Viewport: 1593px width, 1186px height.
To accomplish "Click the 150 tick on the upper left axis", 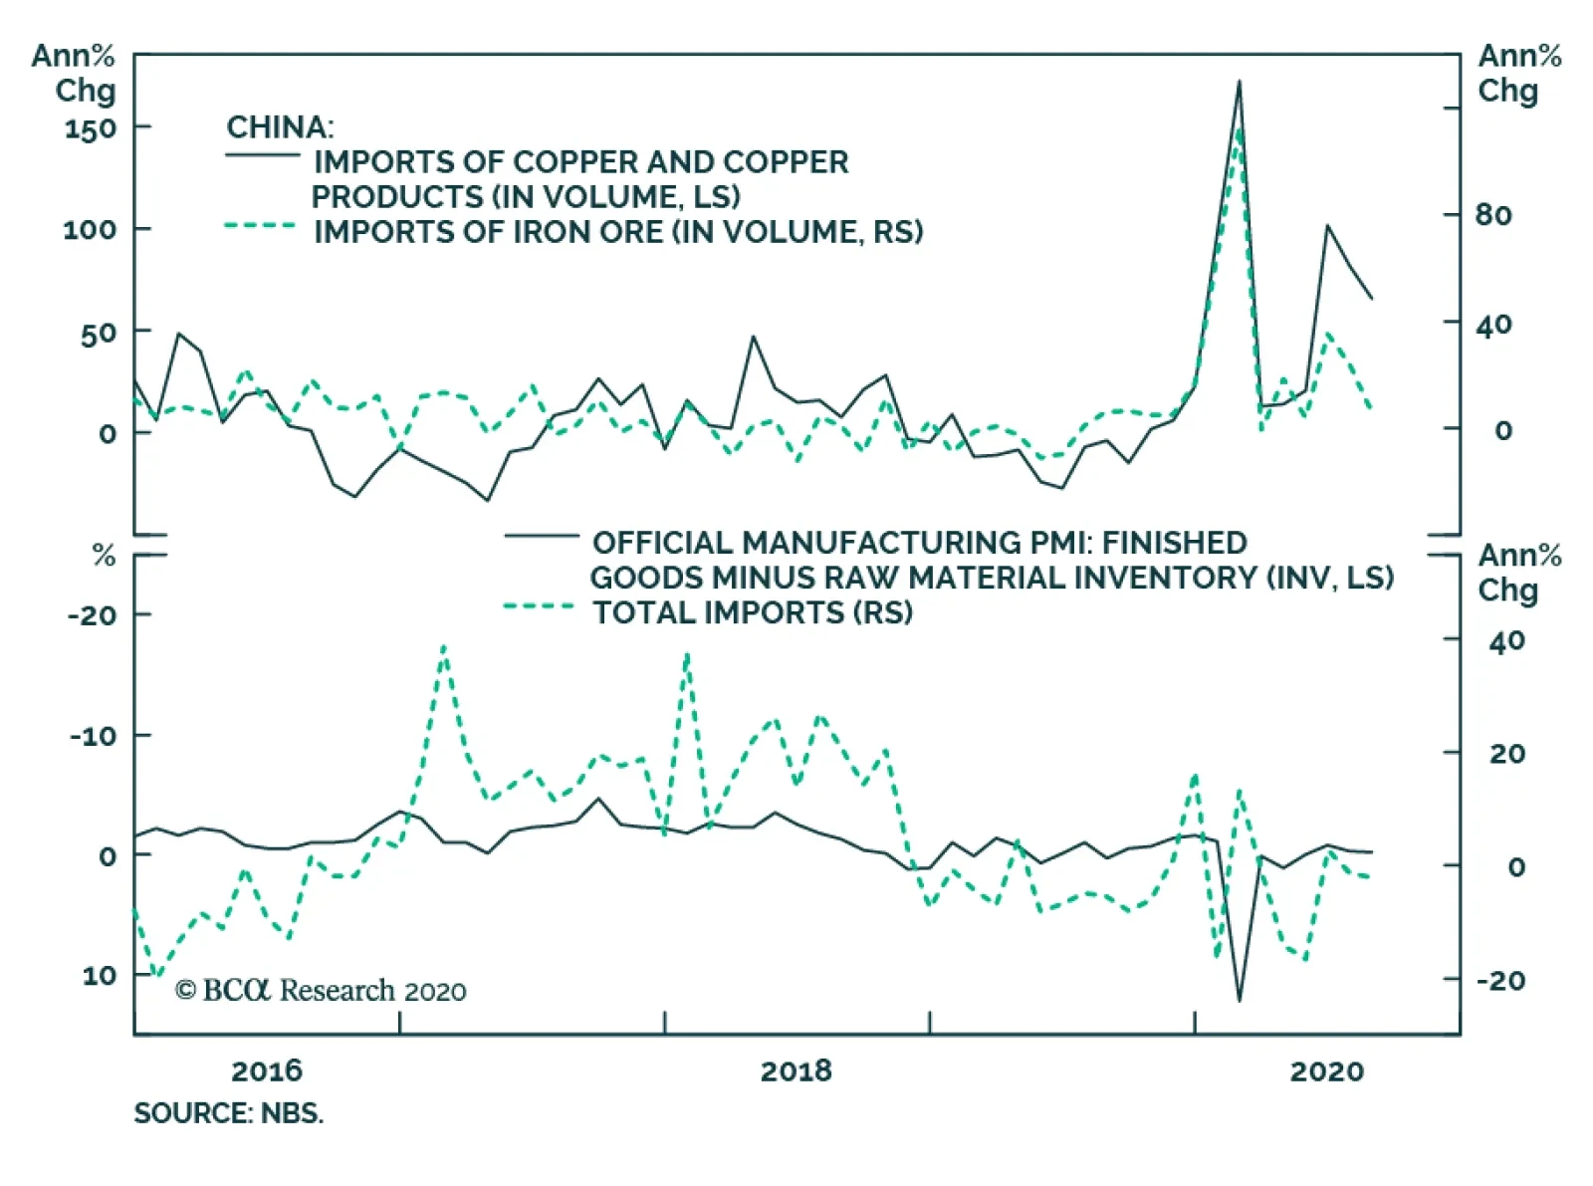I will tap(90, 128).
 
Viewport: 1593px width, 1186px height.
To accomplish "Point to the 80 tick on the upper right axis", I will tap(1492, 215).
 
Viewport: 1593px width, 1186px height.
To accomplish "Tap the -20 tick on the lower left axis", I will tap(92, 615).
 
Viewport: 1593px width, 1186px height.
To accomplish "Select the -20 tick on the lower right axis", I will tap(1499, 981).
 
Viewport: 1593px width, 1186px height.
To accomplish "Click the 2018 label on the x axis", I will tap(796, 1071).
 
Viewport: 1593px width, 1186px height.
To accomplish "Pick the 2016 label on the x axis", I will tap(266, 1071).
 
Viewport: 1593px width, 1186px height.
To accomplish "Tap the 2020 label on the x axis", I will tap(1326, 1071).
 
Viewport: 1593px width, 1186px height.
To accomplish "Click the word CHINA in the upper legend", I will tap(279, 127).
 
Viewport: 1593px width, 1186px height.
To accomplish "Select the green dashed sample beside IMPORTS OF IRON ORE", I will tap(261, 226).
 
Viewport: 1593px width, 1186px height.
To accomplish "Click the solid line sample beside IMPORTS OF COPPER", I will tap(262, 155).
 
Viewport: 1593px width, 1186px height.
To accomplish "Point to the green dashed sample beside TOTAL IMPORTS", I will tap(540, 606).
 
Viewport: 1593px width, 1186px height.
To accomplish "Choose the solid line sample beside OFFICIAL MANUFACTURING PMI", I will tap(541, 538).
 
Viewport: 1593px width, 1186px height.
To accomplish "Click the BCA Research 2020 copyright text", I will tap(321, 991).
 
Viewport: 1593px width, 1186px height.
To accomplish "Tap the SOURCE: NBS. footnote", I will tap(229, 1113).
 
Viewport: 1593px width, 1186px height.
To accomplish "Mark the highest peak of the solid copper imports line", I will tap(1239, 82).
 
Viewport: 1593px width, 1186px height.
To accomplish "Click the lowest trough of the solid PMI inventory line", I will tap(1239, 1000).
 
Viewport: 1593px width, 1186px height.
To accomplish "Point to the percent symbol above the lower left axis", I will tap(104, 557).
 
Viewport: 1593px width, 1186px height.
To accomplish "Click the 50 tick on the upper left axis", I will tap(98, 333).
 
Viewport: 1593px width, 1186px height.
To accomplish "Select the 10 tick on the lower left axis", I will tap(99, 976).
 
